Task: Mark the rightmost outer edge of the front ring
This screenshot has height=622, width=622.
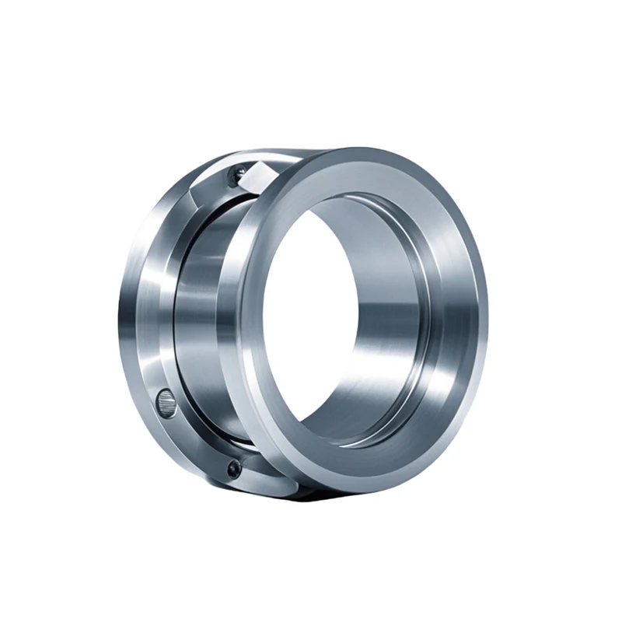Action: point(487,311)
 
